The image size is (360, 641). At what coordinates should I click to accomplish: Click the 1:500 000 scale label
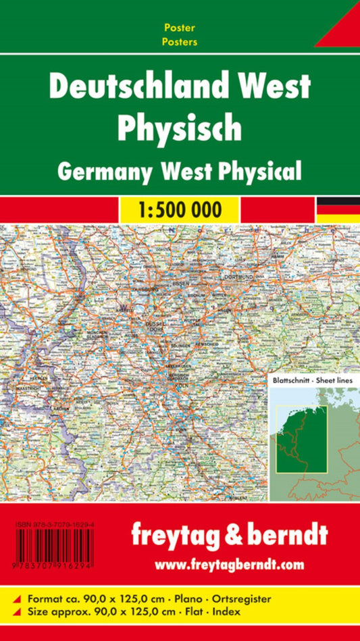tap(180, 209)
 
